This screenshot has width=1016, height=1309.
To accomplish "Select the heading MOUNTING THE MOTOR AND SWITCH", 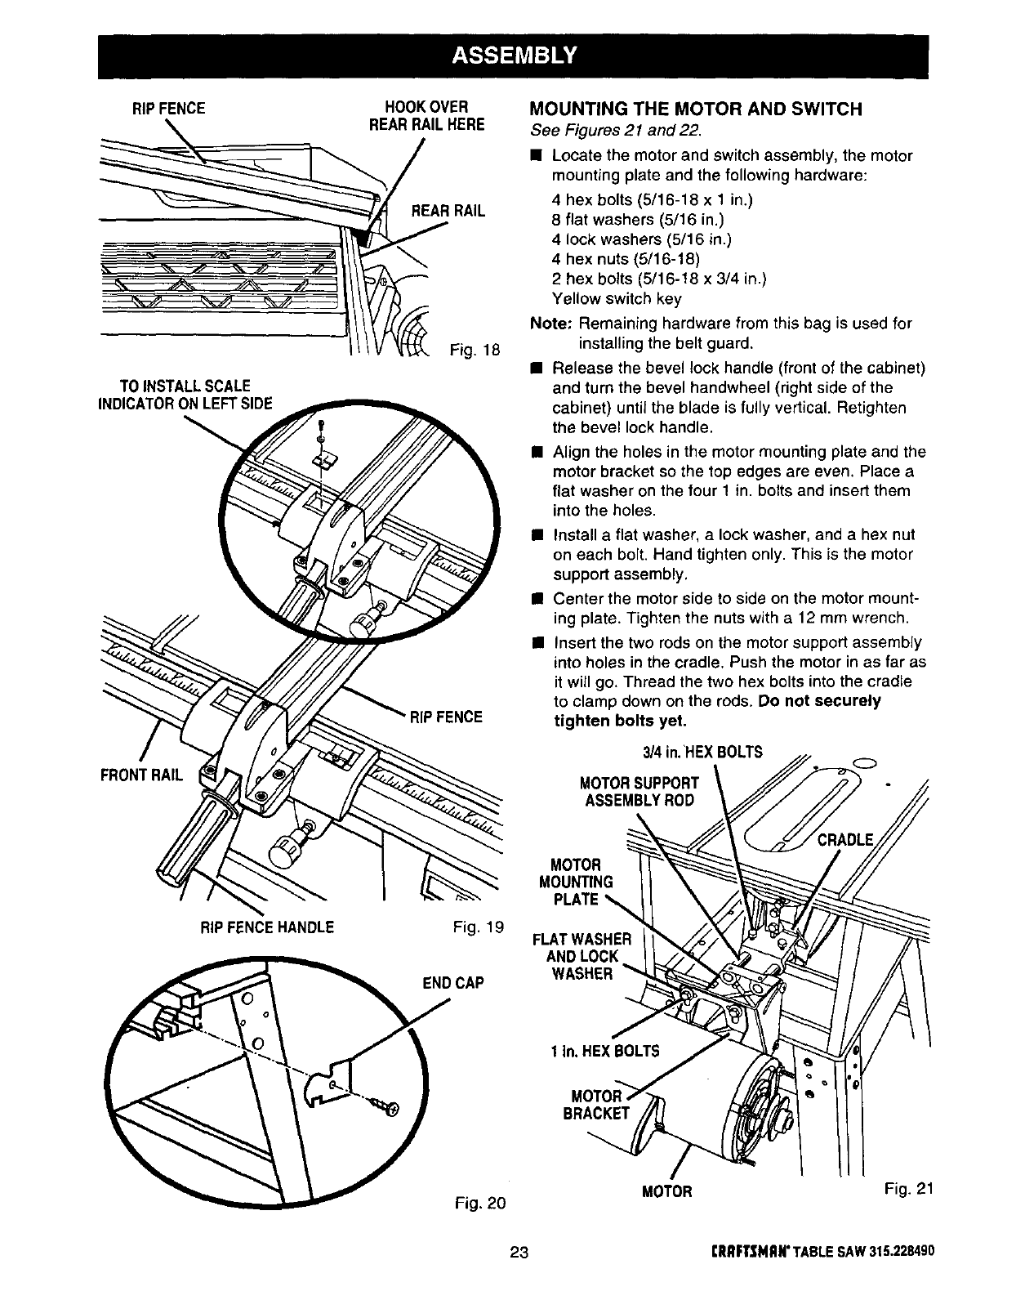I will tap(696, 109).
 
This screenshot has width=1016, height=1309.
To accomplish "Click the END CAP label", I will tap(452, 982).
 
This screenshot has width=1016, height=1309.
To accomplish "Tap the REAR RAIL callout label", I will tap(448, 211).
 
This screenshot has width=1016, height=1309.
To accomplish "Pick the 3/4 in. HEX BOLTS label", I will tap(697, 752).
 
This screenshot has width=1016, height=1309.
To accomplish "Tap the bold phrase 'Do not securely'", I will tap(819, 701).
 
